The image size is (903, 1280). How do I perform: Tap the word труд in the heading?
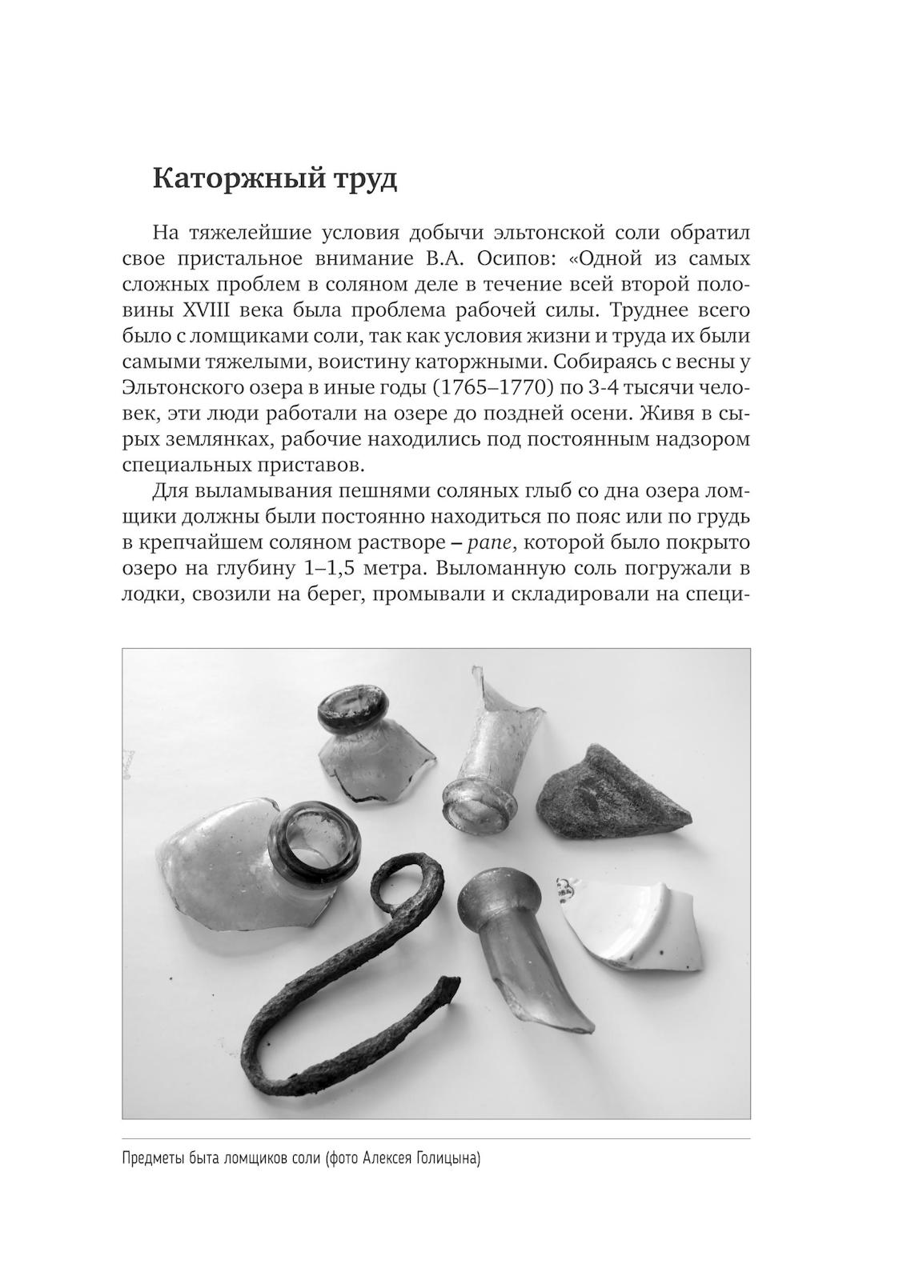(x=357, y=179)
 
